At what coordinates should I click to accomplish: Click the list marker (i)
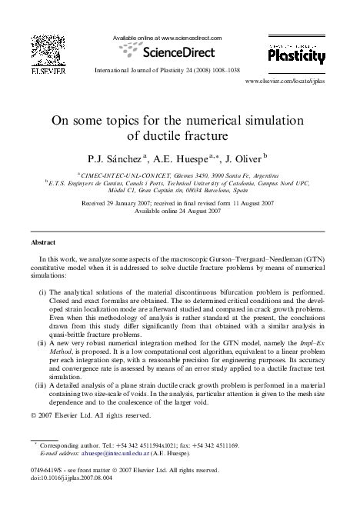click(44, 313)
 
